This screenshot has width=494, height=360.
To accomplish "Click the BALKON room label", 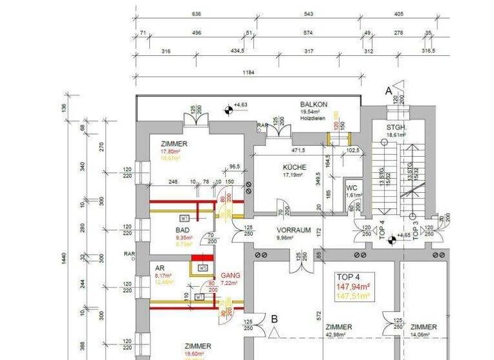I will [x=314, y=104].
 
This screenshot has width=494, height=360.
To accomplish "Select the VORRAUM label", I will [x=294, y=230].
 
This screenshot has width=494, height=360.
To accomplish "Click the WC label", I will [x=352, y=187].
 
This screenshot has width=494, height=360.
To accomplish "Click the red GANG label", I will [x=230, y=274].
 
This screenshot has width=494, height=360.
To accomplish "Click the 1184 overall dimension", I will [x=248, y=72].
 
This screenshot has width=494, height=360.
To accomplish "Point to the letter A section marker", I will [x=388, y=92].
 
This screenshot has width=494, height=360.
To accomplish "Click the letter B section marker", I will [x=274, y=318].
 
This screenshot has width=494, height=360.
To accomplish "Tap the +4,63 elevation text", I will [x=241, y=104].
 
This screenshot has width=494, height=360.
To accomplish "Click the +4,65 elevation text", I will [x=403, y=236].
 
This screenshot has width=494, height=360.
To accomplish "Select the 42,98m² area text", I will [x=339, y=334].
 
